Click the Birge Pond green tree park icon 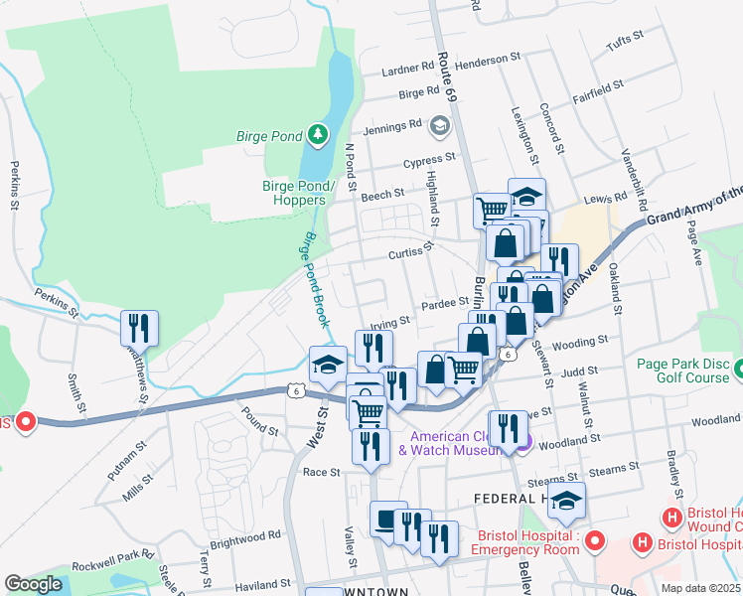pos(315,134)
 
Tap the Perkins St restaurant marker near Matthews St pos(138,329)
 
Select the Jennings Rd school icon pos(439,126)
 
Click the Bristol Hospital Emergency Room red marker pos(594,541)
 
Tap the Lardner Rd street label pos(409,72)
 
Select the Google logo pos(34,584)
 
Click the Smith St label pos(74,392)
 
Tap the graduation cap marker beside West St pos(328,364)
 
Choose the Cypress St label pos(429,159)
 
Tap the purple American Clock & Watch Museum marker pos(525,443)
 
